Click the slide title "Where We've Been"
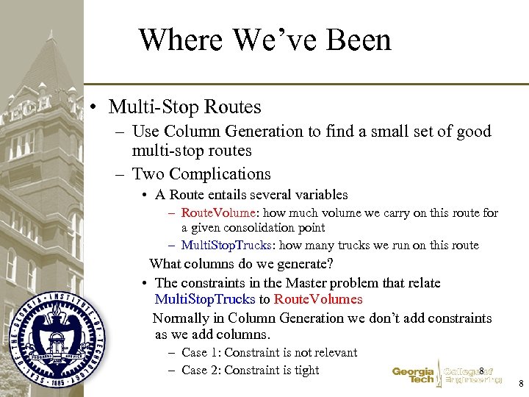pos(264,40)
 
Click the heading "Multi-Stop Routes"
pos(184,107)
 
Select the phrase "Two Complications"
pos(201,174)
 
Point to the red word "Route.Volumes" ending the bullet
pos(318,299)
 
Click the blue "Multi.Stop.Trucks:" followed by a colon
pos(226,246)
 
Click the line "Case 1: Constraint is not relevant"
pos(269,353)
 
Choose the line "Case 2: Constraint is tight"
pos(250,370)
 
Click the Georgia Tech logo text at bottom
pos(413,376)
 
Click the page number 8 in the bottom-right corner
pos(520,384)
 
